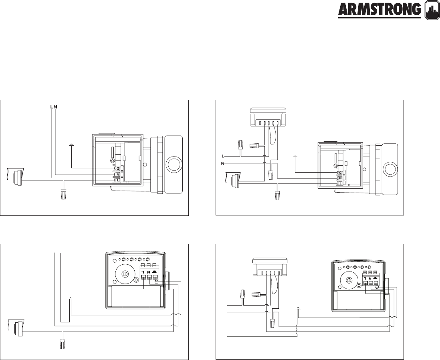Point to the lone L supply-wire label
point(222,155)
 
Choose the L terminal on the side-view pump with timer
point(340,183)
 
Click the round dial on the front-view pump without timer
point(124,274)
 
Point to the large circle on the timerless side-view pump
point(174,165)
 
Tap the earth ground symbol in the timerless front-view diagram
point(70,298)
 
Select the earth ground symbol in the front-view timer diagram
point(297,308)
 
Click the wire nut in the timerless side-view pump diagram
point(63,195)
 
